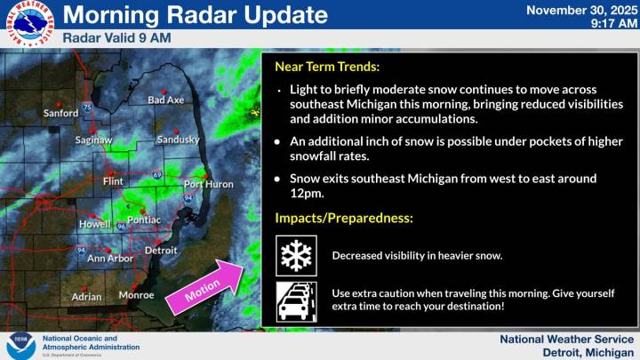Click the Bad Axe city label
[x=165, y=100]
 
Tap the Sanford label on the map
[x=61, y=114]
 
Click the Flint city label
[x=113, y=181]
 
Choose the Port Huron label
[x=208, y=184]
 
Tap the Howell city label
[x=95, y=224]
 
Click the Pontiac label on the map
[x=144, y=220]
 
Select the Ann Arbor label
[x=109, y=259]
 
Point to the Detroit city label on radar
[x=161, y=251]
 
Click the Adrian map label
[x=86, y=296]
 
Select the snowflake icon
[x=297, y=256]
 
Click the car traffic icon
[x=297, y=300]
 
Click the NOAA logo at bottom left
[x=21, y=345]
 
